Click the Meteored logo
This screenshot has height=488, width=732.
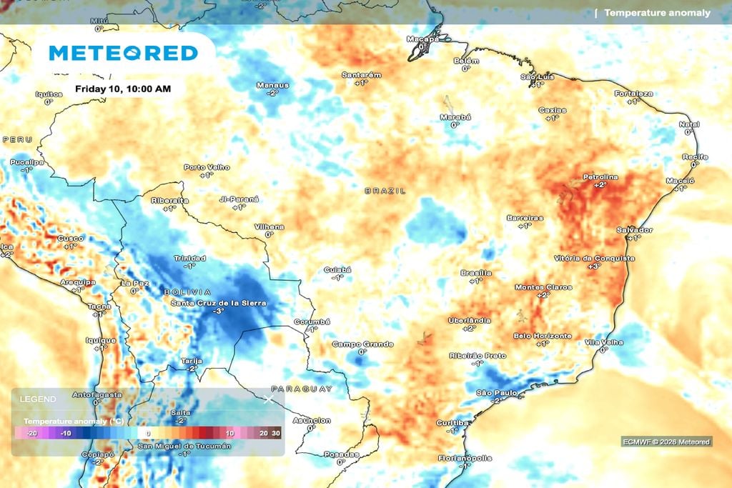123,53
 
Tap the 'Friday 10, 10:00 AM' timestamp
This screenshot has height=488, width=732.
123,89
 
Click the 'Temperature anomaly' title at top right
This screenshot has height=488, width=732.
657,13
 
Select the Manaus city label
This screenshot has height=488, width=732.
273,85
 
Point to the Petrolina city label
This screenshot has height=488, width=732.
600,176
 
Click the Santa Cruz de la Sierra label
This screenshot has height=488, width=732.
218,303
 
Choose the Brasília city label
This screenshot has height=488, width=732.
476,273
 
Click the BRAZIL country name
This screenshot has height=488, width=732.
385,191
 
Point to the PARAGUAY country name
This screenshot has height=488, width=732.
302,389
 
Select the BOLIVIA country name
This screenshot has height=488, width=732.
187,292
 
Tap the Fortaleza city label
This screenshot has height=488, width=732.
633,94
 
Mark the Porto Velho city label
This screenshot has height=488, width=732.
207,167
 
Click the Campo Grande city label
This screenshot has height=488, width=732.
362,344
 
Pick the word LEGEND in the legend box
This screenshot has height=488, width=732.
33,398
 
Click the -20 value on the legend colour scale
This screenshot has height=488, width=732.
31,433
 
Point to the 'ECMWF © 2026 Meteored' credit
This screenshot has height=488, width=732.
666,442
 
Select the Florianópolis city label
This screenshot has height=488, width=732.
465,457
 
